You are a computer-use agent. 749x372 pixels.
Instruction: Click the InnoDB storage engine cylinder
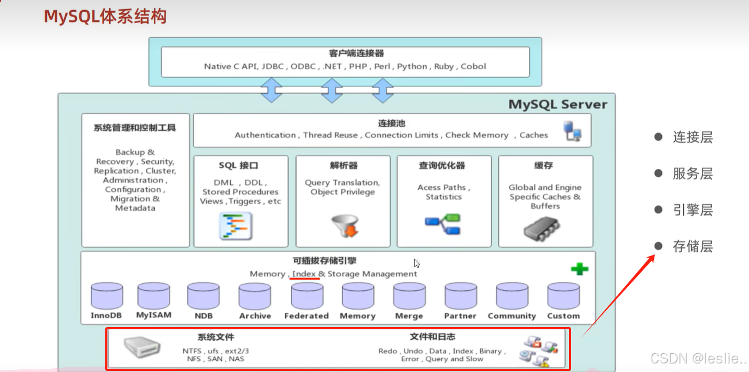tap(106, 296)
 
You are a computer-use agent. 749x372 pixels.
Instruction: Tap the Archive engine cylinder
tap(255, 296)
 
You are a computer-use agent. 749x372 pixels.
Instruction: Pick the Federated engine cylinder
tap(307, 296)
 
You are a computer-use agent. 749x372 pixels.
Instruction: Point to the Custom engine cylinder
tap(563, 296)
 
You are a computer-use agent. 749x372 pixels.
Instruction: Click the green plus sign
tap(579, 269)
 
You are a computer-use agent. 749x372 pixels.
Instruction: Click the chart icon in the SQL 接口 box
tap(236, 226)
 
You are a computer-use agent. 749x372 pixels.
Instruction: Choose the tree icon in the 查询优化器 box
tap(443, 224)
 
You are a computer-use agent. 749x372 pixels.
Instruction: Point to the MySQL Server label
tap(558, 104)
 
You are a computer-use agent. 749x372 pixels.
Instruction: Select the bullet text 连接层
tap(692, 137)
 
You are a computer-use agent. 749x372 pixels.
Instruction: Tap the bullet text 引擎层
tap(692, 210)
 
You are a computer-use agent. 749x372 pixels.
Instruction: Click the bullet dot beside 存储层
tap(658, 246)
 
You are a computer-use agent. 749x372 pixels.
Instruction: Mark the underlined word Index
tap(304, 274)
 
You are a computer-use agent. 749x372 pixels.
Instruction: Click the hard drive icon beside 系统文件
tap(142, 347)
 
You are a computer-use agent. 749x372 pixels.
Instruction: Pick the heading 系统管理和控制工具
tap(135, 128)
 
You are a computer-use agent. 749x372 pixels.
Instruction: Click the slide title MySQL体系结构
tap(105, 17)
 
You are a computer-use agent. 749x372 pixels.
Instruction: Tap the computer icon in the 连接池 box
tap(572, 131)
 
